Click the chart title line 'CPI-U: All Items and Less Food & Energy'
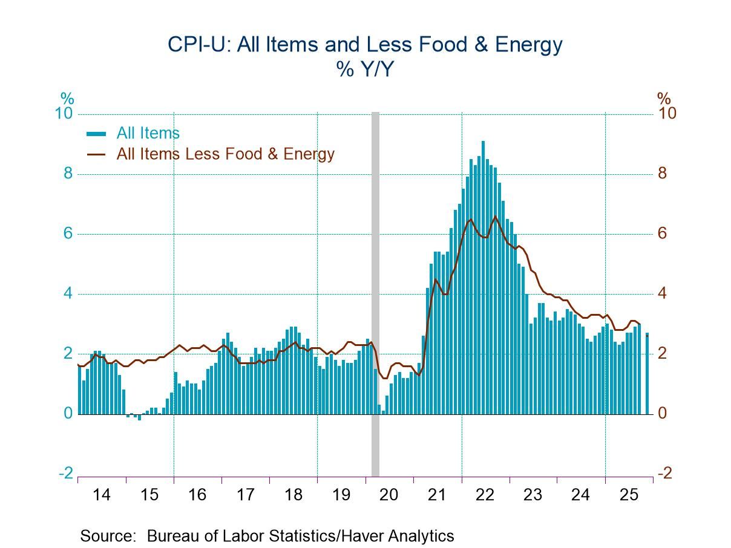365,45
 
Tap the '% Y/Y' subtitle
365,70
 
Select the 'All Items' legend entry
148,133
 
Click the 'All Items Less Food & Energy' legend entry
225,154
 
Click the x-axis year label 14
102,495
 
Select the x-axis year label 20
389,495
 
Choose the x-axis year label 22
485,495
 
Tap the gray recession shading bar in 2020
375,290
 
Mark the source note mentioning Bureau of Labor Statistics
267,535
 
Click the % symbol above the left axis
67,98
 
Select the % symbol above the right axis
664,98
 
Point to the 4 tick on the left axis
68,294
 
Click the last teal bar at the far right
647,374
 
